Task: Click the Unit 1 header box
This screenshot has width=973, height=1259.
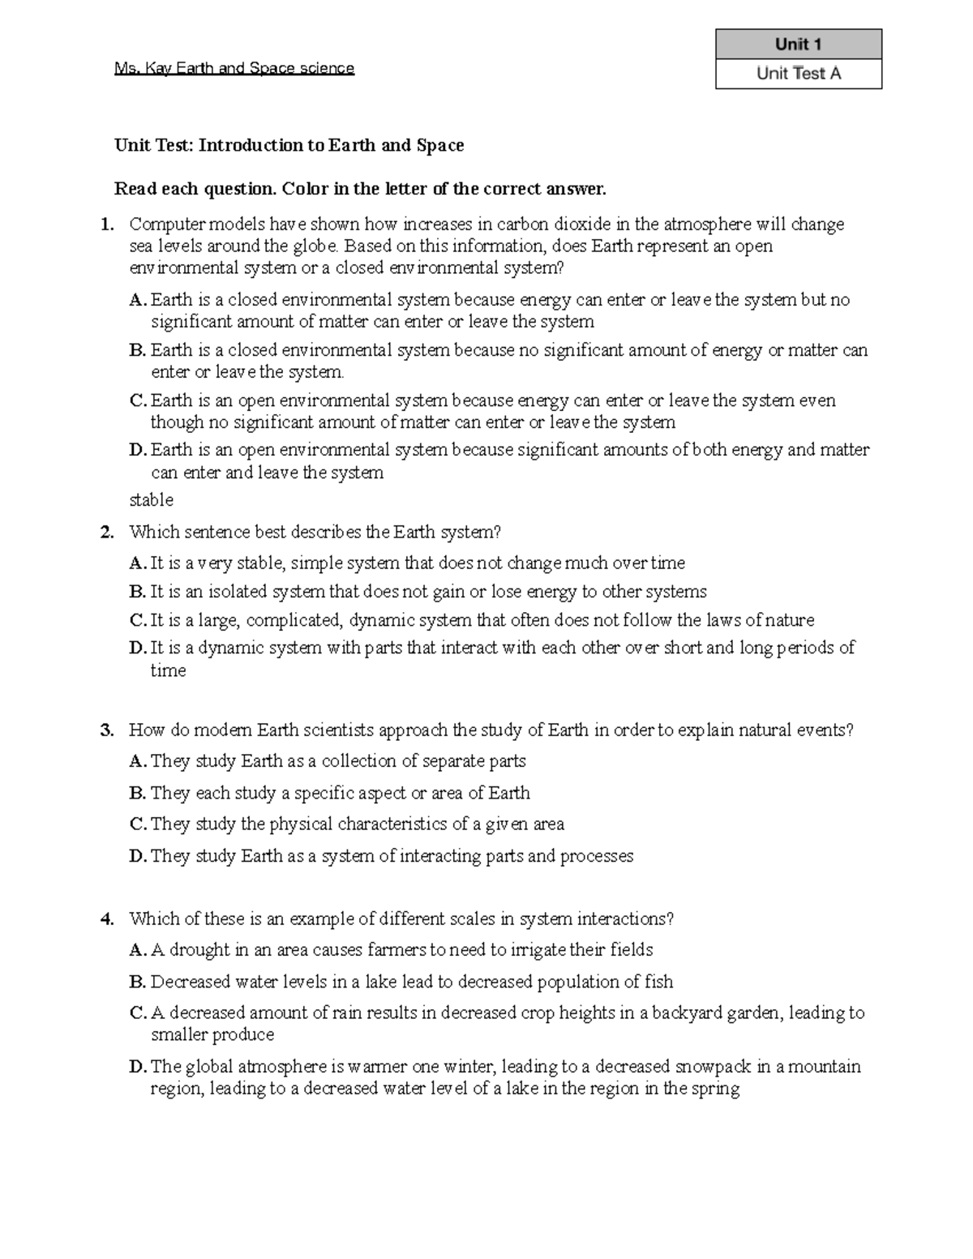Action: pos(798,44)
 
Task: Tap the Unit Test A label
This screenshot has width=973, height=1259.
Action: pos(798,74)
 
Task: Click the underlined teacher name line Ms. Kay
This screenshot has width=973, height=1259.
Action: pos(234,69)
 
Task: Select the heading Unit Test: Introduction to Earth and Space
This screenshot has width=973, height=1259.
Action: pos(289,146)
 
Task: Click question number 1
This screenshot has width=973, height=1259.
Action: pos(107,225)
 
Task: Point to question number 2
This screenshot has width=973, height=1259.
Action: pos(107,533)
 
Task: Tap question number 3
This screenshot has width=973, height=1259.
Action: pos(107,730)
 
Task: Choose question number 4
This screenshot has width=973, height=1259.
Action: pos(107,919)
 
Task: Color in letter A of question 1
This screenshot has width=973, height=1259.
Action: pos(136,301)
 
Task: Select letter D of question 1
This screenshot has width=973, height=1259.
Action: pos(136,451)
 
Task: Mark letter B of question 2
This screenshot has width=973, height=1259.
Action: pos(136,593)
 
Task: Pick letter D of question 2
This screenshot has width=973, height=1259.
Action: pos(136,649)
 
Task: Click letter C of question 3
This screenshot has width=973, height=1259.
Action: pos(136,824)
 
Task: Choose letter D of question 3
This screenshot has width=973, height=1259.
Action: pos(136,857)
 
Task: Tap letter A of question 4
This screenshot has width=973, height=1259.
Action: pos(136,950)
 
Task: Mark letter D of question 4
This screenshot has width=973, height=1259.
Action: pos(136,1067)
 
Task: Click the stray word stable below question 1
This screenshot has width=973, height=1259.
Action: pos(151,500)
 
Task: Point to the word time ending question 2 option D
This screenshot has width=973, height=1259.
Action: pos(168,671)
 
